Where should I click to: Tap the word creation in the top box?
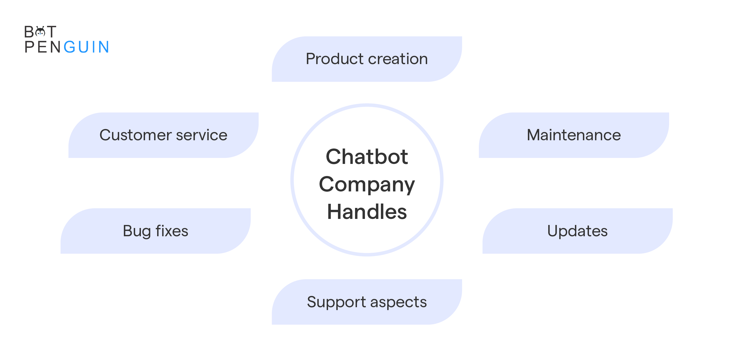[x=398, y=59]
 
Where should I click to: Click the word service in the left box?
[x=201, y=135]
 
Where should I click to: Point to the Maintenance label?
[x=574, y=135]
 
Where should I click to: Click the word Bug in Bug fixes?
[x=137, y=231]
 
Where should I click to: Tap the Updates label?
[x=577, y=231]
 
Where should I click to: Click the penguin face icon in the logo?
[x=40, y=32]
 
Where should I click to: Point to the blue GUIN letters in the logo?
[x=86, y=47]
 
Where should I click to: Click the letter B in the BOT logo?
[x=29, y=32]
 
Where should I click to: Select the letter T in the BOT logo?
[x=51, y=32]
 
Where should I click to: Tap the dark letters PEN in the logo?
[x=42, y=47]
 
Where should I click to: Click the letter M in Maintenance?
[x=534, y=135]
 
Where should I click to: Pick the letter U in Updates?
[x=553, y=231]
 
